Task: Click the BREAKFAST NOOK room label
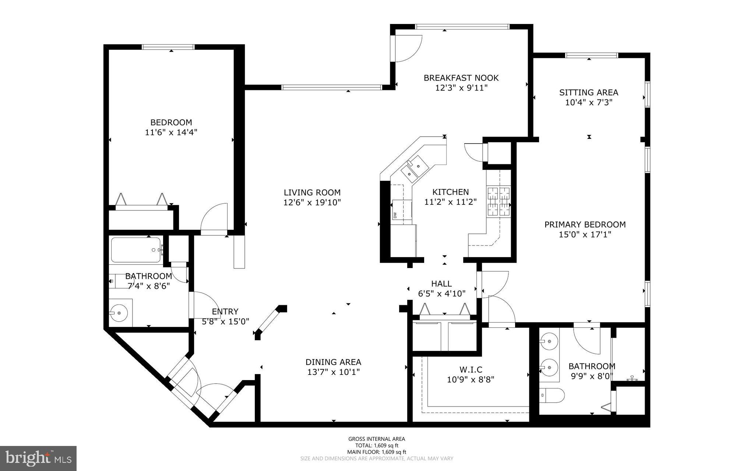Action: pyautogui.click(x=461, y=78)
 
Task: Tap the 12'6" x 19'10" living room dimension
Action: pyautogui.click(x=312, y=202)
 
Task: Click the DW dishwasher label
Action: pyautogui.click(x=395, y=215)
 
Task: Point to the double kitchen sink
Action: pyautogui.click(x=414, y=169)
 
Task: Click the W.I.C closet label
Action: pyautogui.click(x=471, y=369)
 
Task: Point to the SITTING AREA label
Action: pyautogui.click(x=588, y=92)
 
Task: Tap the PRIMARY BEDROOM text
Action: pyautogui.click(x=585, y=224)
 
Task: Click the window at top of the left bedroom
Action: pyautogui.click(x=168, y=47)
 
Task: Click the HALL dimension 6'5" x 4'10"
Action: pyautogui.click(x=441, y=294)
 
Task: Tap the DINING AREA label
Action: pyautogui.click(x=333, y=362)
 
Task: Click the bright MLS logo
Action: pyautogui.click(x=38, y=458)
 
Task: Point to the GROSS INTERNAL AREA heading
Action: pyautogui.click(x=376, y=439)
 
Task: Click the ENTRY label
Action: pyautogui.click(x=225, y=312)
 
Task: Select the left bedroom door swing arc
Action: pyautogui.click(x=215, y=218)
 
